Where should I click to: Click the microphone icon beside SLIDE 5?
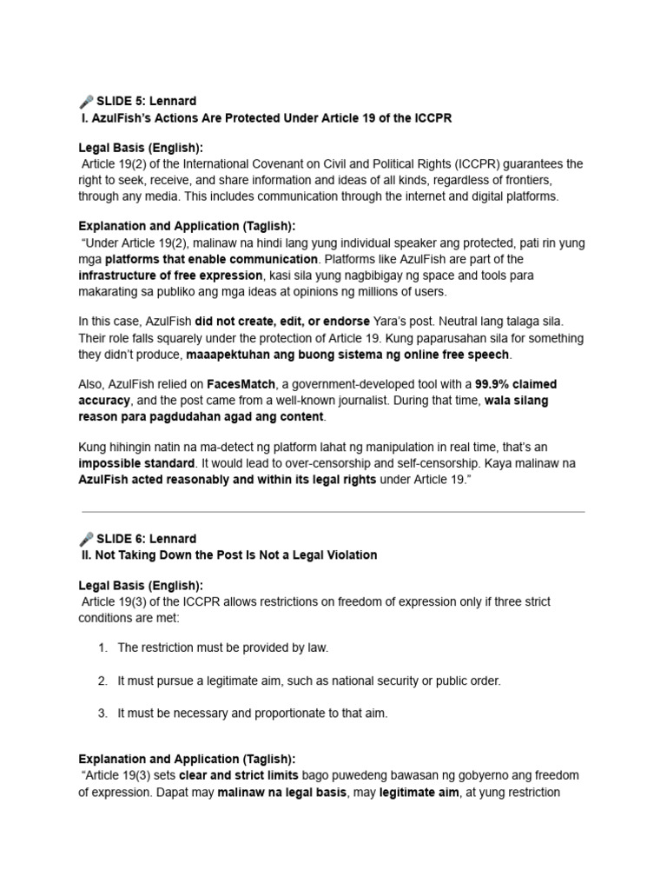click(85, 102)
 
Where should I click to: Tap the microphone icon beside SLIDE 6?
click(85, 539)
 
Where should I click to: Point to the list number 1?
click(102, 648)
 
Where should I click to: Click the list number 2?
click(102, 681)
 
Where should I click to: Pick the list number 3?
click(102, 714)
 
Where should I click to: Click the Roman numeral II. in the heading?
click(86, 555)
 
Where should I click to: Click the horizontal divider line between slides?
click(333, 512)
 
